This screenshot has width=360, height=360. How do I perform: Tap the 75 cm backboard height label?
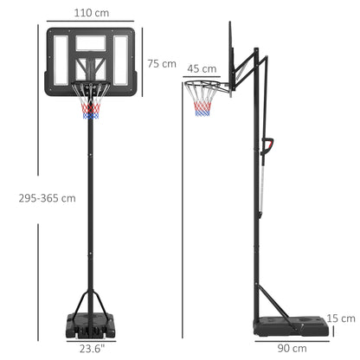point(162,63)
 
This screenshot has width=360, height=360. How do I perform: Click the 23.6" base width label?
point(91,349)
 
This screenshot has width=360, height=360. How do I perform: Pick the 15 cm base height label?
point(343,318)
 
